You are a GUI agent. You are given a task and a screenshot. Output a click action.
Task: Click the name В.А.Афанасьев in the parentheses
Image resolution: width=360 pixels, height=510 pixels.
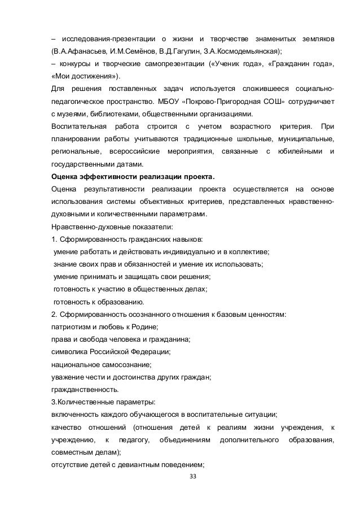tap(81, 51)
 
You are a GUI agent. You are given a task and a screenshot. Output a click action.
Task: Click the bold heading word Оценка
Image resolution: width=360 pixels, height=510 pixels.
tap(66, 176)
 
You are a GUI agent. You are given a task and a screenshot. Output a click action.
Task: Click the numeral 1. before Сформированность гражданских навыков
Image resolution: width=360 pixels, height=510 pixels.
tap(54, 240)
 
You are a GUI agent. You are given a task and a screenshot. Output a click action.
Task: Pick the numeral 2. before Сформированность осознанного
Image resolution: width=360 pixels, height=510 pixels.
tap(54, 313)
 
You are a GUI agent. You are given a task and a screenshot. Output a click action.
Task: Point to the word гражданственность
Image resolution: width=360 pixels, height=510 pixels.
tap(84, 389)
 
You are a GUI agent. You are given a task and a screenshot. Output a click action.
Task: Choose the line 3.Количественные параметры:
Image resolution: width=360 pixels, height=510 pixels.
tap(95, 402)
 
